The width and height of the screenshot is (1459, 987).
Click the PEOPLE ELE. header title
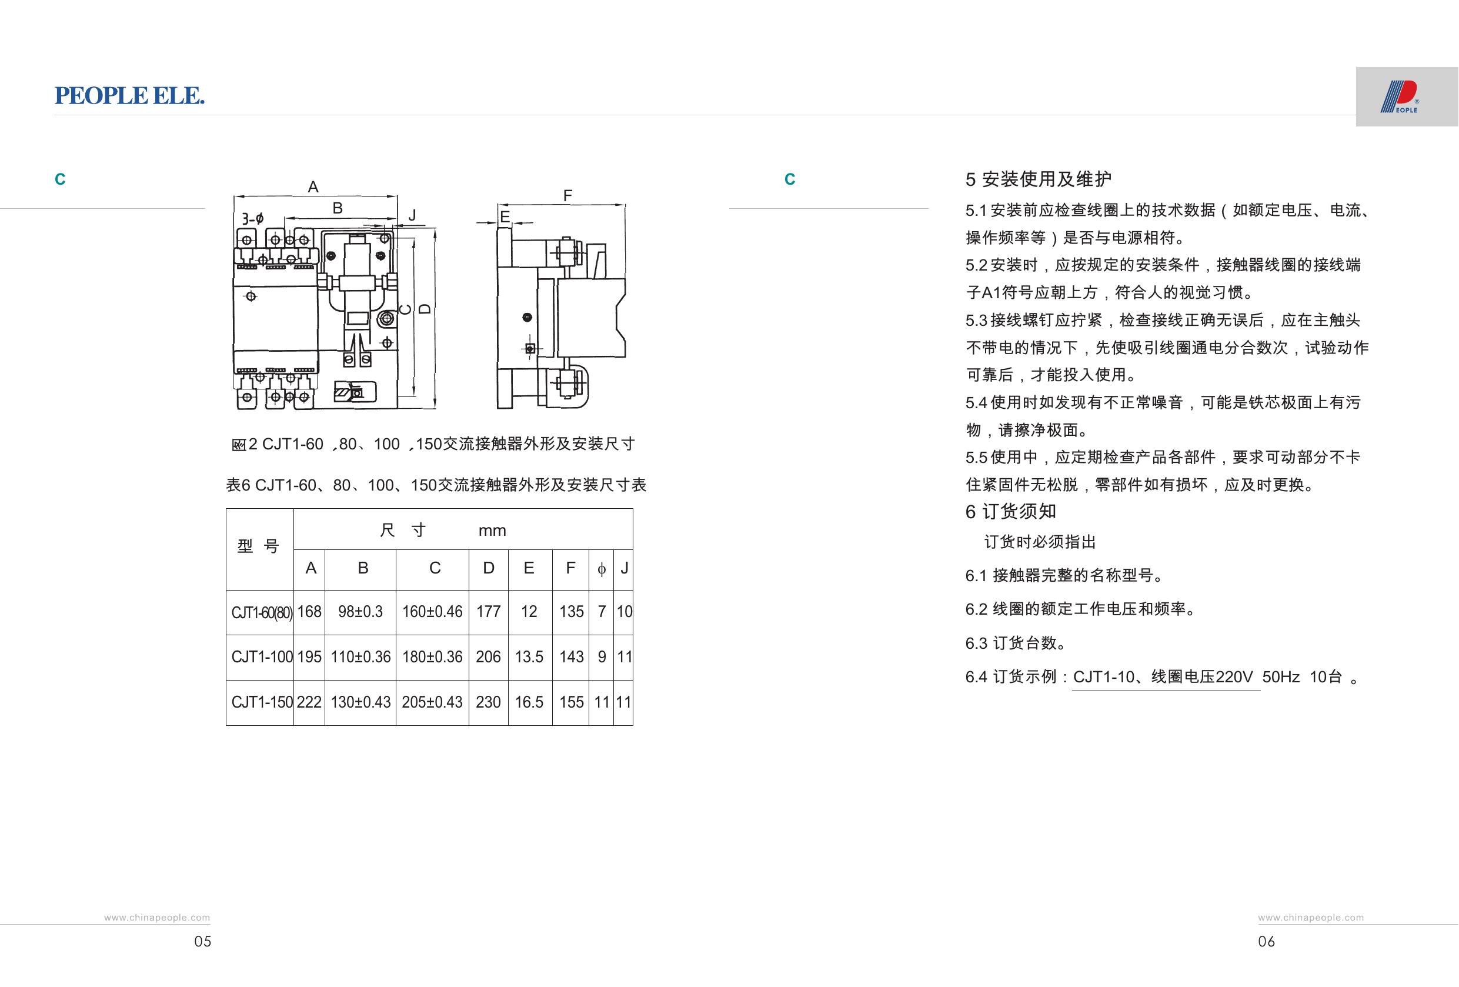pyautogui.click(x=129, y=95)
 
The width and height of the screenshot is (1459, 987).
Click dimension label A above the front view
pyautogui.click(x=313, y=186)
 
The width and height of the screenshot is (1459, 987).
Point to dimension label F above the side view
pyautogui.click(x=567, y=196)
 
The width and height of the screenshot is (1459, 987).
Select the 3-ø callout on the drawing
pyautogui.click(x=252, y=218)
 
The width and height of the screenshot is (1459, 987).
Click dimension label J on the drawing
pyautogui.click(x=412, y=215)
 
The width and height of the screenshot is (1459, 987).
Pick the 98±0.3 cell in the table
pyautogui.click(x=360, y=612)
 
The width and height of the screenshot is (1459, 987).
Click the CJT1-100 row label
pyautogui.click(x=262, y=657)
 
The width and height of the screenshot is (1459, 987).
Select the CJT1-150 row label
pyautogui.click(x=262, y=702)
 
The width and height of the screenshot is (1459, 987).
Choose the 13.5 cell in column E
pyautogui.click(x=529, y=657)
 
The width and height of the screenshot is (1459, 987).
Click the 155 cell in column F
pyautogui.click(x=571, y=702)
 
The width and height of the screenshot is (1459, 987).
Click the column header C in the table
pyautogui.click(x=435, y=568)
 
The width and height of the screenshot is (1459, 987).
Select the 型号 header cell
pyautogui.click(x=258, y=546)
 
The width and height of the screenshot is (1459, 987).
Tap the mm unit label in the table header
pyautogui.click(x=492, y=531)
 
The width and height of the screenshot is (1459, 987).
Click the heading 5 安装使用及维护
pyautogui.click(x=1039, y=179)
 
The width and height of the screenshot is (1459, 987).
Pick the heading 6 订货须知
pyautogui.click(x=1011, y=512)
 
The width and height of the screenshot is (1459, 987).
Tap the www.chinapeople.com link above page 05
pyautogui.click(x=157, y=918)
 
